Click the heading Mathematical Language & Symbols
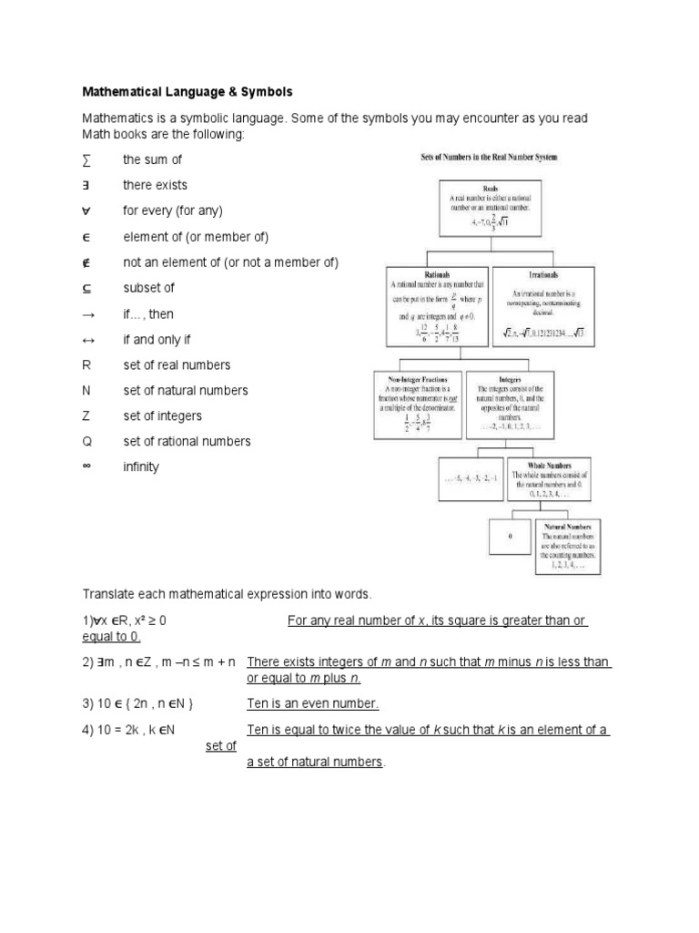click(x=187, y=92)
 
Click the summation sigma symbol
click(x=86, y=159)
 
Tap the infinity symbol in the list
click(x=87, y=466)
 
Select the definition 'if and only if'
click(x=156, y=339)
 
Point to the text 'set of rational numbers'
click(x=187, y=441)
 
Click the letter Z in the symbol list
click(x=86, y=415)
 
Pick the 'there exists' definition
click(x=155, y=185)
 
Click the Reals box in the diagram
click(x=490, y=208)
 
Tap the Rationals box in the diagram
click(x=439, y=305)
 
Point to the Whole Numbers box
click(x=549, y=479)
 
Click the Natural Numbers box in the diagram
click(x=568, y=546)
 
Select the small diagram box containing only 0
click(x=511, y=538)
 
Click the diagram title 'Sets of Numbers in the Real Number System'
click(x=489, y=158)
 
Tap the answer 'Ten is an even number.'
click(x=312, y=703)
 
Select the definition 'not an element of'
click(x=230, y=262)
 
